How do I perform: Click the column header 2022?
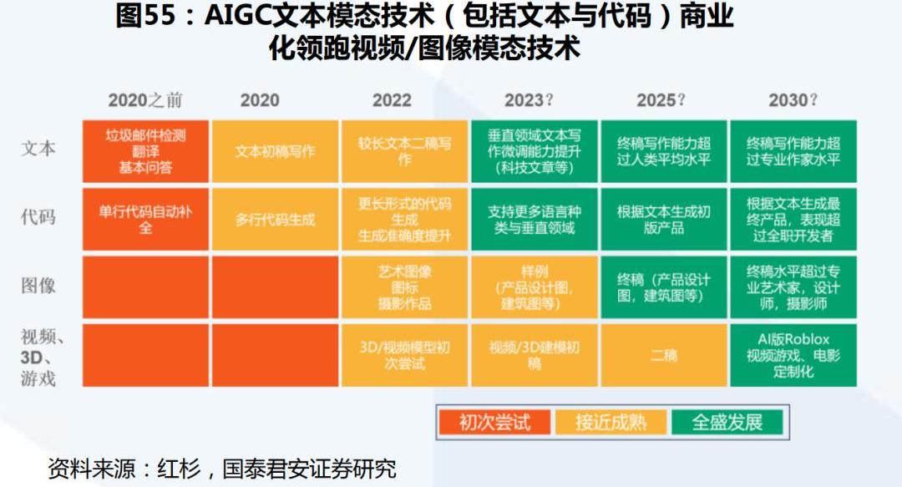(x=392, y=100)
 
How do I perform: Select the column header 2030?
(x=793, y=100)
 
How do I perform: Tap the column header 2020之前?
(x=145, y=100)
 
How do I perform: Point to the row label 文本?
(x=38, y=149)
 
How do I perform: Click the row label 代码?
(x=38, y=217)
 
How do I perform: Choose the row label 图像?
(x=38, y=285)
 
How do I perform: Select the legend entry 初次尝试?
(x=494, y=423)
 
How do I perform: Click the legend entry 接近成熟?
(x=611, y=423)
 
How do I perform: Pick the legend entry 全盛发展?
(x=727, y=423)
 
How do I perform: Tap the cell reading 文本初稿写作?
(x=275, y=151)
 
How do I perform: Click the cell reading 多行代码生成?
(x=275, y=220)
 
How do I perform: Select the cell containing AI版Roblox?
(x=793, y=355)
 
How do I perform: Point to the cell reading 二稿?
(x=664, y=355)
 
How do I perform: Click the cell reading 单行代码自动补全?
(x=145, y=220)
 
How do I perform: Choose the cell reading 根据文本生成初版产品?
(x=664, y=220)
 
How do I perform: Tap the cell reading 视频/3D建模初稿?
(x=535, y=355)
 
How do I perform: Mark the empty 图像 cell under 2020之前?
(x=145, y=287)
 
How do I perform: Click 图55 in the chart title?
(x=145, y=16)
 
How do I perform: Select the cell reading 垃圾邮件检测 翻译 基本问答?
(x=145, y=151)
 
